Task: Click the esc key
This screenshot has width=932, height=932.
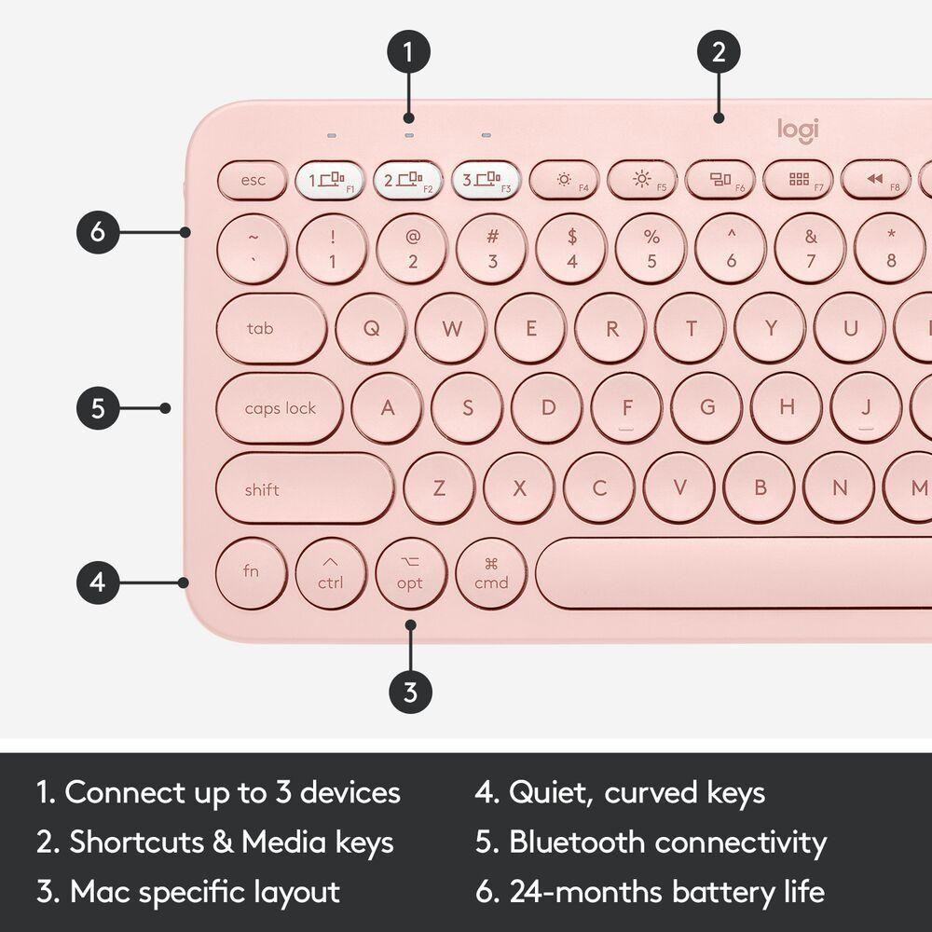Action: point(253,180)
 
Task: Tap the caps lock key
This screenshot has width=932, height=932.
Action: point(280,408)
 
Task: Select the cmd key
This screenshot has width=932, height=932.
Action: point(491,573)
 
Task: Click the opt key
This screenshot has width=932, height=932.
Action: point(410,573)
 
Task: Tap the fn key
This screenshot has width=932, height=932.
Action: point(251,572)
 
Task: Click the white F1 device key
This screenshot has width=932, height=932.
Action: point(330,180)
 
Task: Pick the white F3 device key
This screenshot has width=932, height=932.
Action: point(486,180)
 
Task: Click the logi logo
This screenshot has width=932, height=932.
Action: point(798,130)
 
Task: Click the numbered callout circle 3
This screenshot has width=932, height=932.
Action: point(410,692)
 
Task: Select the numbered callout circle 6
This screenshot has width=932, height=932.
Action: point(99,232)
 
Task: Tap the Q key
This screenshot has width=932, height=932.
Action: point(371,328)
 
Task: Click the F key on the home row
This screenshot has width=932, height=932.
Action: point(626,408)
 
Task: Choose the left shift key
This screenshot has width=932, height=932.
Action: point(304,489)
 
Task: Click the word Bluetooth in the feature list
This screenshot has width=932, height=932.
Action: point(577,843)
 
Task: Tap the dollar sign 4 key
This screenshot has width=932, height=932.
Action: point(571,249)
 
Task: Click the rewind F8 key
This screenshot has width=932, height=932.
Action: point(876,180)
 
